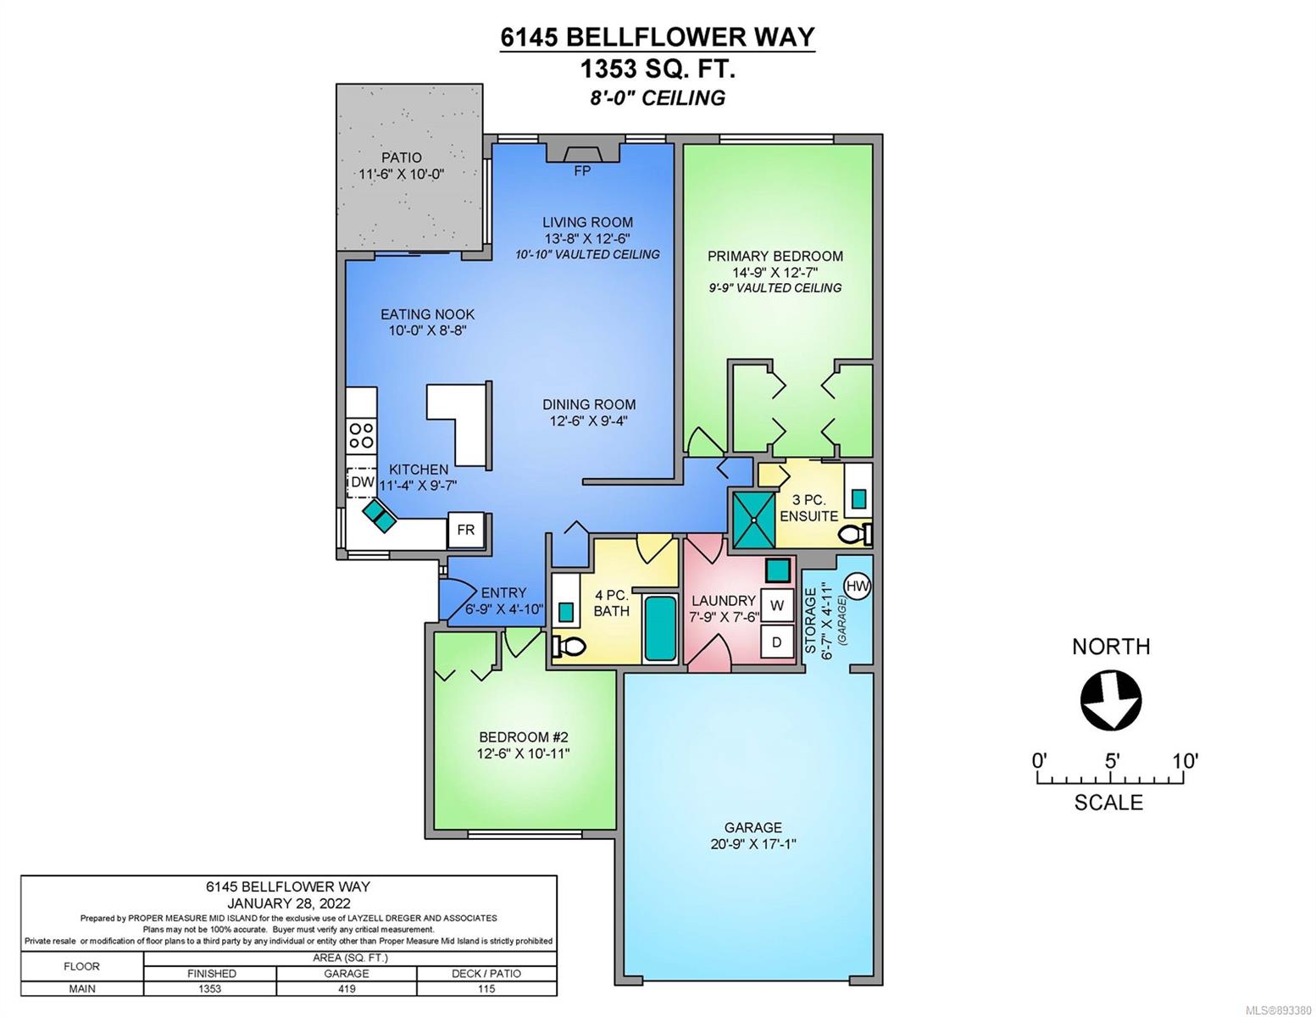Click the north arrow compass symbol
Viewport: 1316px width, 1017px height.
pos(1110,700)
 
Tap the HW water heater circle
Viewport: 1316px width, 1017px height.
pos(857,586)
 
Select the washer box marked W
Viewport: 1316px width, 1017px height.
pos(777,605)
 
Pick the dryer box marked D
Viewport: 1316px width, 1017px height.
pos(777,642)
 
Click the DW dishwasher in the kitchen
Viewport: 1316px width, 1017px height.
pos(362,482)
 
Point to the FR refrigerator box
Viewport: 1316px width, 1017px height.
pos(466,531)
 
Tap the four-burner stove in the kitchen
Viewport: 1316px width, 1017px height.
pos(362,436)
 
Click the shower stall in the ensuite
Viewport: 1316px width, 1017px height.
pos(754,520)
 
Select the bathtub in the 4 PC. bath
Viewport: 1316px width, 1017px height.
pos(659,629)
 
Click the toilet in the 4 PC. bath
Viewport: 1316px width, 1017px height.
pos(568,647)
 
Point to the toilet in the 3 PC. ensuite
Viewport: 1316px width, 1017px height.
pos(855,534)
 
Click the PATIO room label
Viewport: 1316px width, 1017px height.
pos(402,158)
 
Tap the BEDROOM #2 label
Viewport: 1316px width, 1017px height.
pos(523,737)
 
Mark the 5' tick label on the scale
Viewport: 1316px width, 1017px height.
pos(1111,761)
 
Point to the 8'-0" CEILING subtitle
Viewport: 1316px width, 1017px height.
pos(658,97)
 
